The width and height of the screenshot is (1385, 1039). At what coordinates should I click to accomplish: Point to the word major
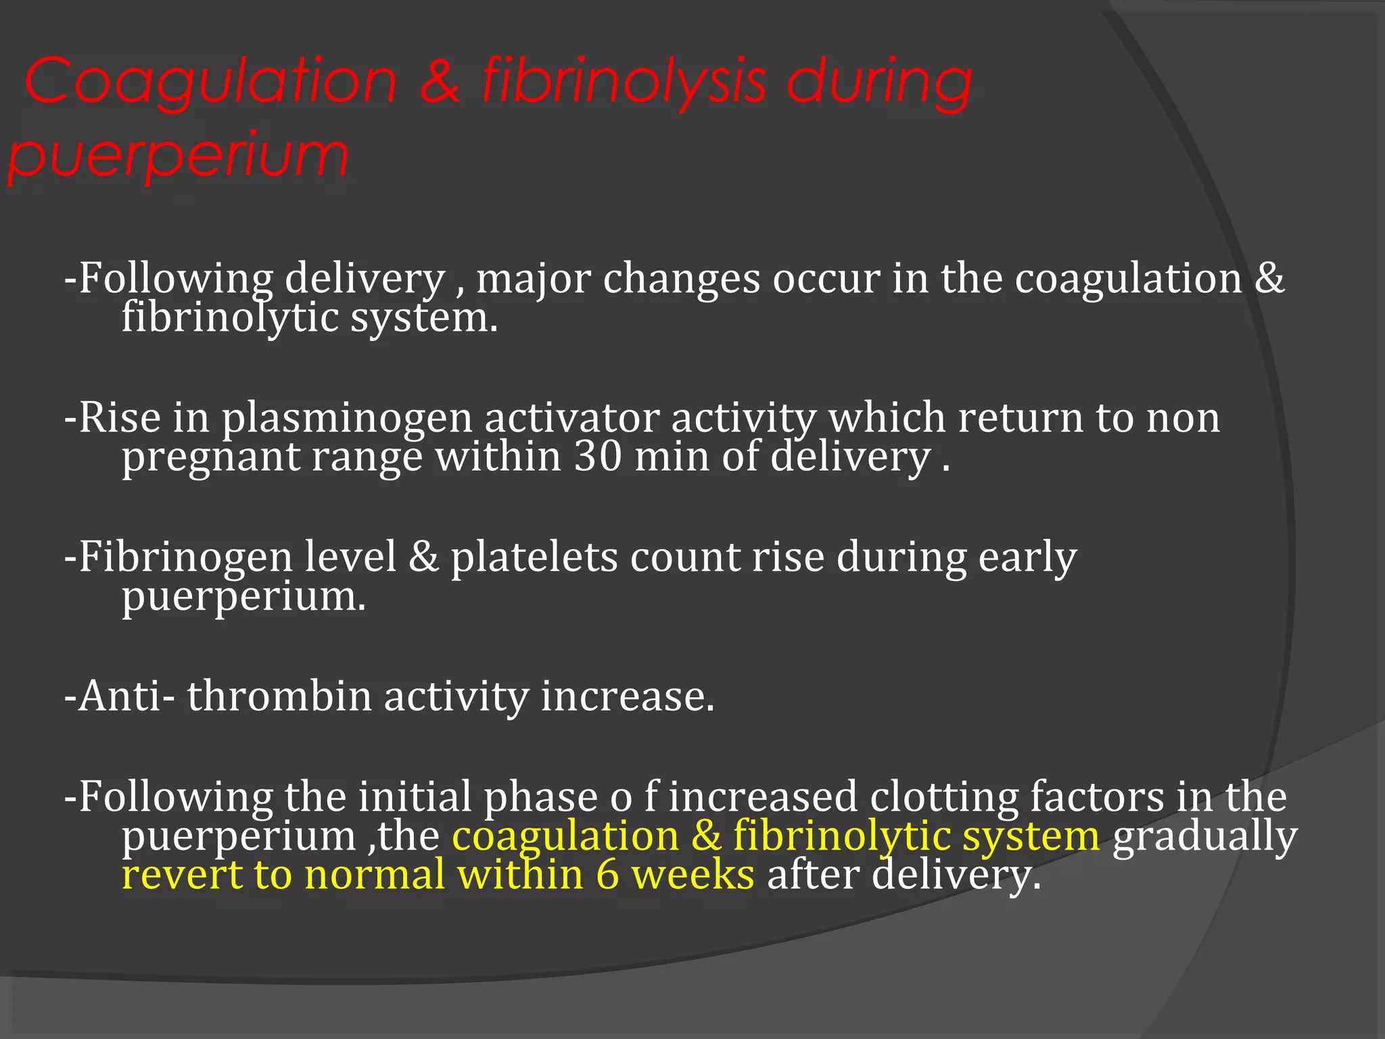coord(533,279)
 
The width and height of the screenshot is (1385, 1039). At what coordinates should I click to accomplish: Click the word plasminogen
coord(346,418)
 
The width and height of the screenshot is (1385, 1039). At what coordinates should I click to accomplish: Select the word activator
coord(571,418)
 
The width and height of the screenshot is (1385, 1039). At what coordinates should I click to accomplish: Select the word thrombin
coord(279,696)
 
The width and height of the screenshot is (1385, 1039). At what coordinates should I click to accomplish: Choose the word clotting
coord(944,797)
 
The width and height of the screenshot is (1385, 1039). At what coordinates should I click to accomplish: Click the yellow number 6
coord(607,875)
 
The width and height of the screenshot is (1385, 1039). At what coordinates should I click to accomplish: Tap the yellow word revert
coord(182,875)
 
